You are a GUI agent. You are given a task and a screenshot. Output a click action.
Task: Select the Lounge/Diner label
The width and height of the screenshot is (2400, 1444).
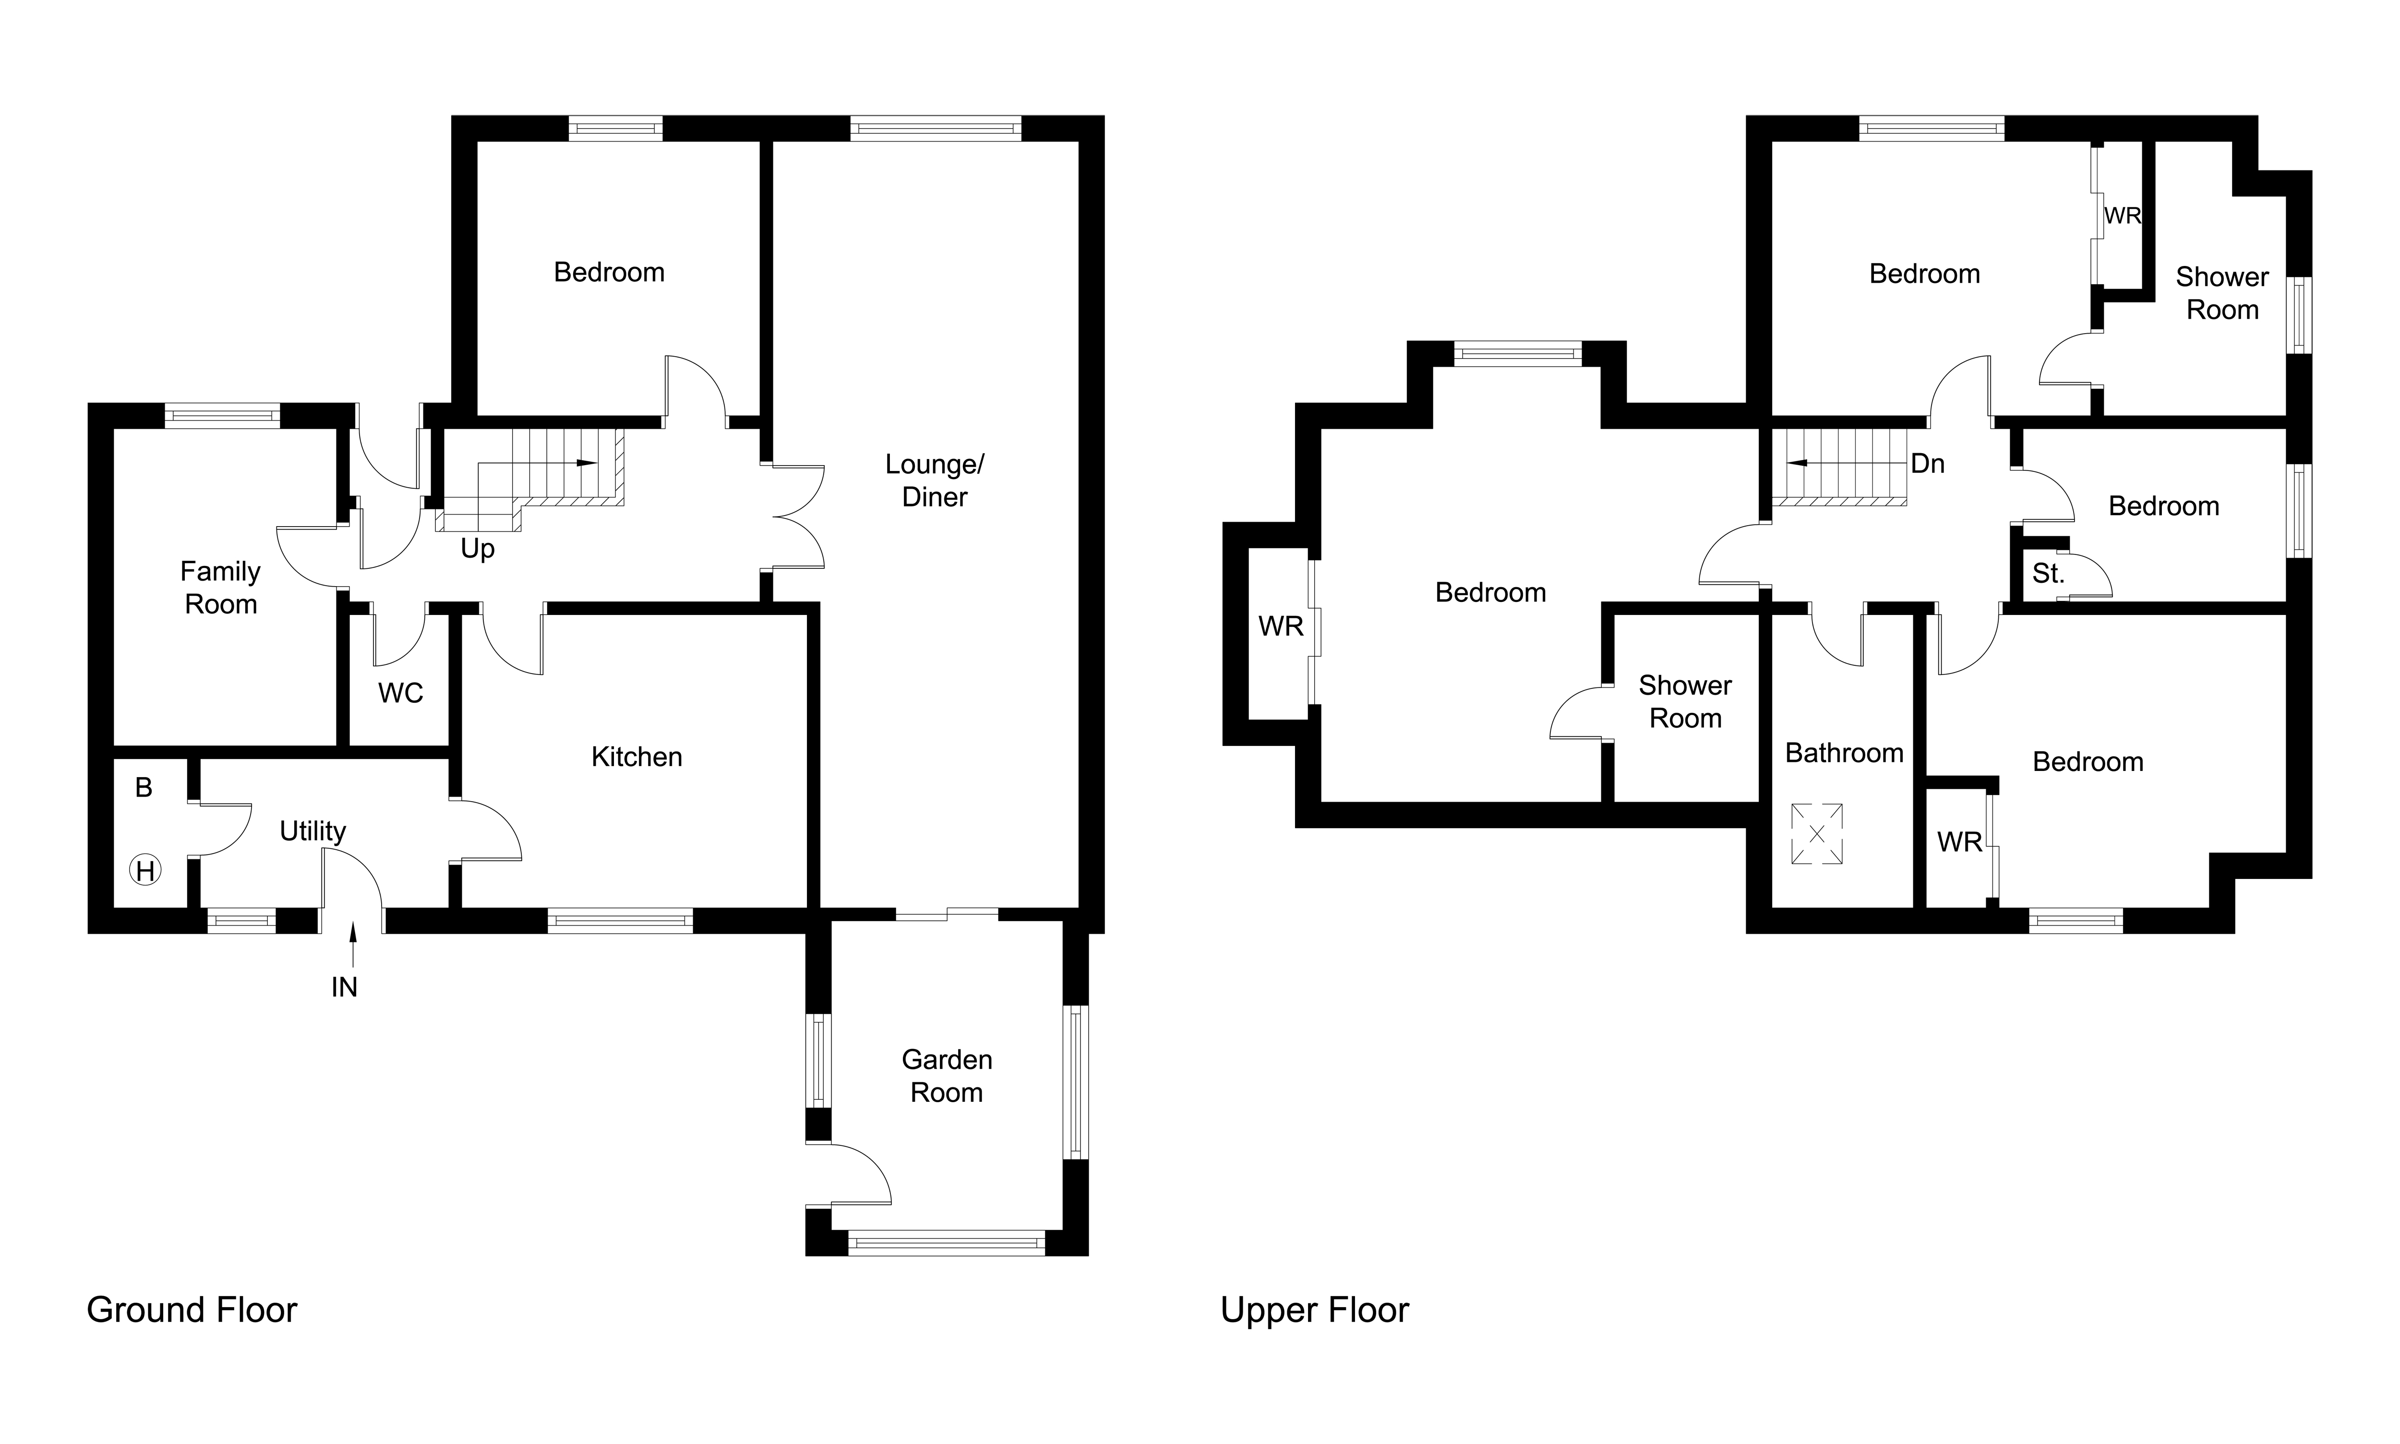pos(934,481)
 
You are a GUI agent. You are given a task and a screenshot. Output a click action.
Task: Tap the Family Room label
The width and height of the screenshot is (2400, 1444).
pos(221,588)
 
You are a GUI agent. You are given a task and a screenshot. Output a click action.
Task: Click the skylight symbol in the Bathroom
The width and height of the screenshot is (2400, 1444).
pos(1816,834)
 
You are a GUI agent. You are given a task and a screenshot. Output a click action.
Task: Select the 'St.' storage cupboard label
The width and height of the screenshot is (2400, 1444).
pos(2047,574)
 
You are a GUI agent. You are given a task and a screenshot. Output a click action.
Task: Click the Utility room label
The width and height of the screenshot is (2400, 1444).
pos(312,831)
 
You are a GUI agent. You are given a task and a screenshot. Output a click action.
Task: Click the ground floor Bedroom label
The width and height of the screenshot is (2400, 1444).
pos(609,273)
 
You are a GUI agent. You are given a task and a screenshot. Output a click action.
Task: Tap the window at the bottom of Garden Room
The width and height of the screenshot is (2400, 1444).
pos(946,1241)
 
